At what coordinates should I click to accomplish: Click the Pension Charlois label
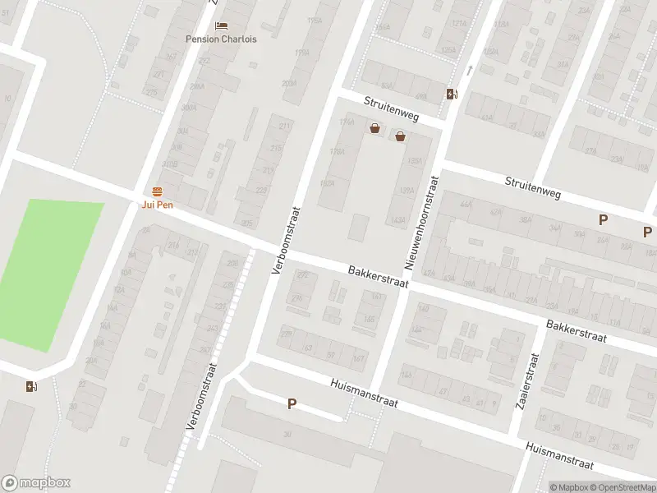[221, 39]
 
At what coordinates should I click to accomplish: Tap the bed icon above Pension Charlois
[221, 26]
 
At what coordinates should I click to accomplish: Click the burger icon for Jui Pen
[156, 191]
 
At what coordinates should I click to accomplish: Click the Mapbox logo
[36, 483]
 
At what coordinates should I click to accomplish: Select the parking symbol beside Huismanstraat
[292, 403]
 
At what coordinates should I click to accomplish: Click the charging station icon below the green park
[31, 387]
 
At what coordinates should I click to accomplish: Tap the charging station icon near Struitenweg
[452, 94]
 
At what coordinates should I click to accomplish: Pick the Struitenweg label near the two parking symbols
[532, 187]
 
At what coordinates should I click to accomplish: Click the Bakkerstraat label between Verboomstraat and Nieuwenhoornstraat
[377, 275]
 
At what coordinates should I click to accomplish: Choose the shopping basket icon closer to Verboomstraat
[375, 128]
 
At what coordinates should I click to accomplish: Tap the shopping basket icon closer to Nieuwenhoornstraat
[400, 136]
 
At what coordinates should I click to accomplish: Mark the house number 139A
[414, 162]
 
